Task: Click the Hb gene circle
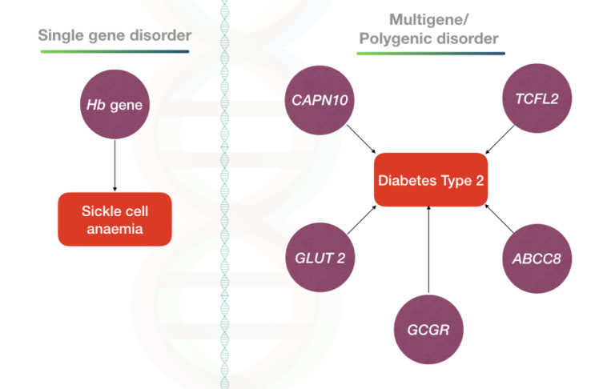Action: click(x=115, y=106)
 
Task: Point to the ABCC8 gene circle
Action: click(x=538, y=258)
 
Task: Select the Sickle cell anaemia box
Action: click(x=115, y=219)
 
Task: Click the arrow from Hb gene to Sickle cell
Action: click(x=115, y=164)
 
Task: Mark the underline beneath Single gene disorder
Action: click(x=115, y=51)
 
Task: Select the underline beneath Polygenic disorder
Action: click(x=430, y=54)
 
